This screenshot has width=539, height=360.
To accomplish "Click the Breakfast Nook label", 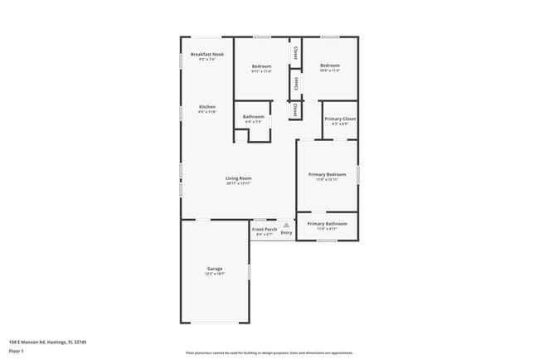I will tap(206, 55).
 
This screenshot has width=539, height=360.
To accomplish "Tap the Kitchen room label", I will tap(206, 107).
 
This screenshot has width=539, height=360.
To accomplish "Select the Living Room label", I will tap(239, 178).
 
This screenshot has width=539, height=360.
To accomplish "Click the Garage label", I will tap(214, 268).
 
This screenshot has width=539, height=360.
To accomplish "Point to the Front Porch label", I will tap(265, 229).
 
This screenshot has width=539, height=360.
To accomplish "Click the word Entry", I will tap(286, 233).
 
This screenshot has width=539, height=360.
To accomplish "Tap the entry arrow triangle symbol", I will tap(286, 225).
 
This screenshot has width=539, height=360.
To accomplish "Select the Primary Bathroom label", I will tap(327, 224).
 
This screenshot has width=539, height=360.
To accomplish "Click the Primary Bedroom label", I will tap(327, 174).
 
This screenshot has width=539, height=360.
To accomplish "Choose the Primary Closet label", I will tap(339, 119).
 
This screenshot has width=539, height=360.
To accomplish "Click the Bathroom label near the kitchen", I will tap(253, 117).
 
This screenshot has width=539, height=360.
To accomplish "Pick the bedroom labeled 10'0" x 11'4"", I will tap(330, 67).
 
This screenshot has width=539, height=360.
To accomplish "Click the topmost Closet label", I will tap(295, 51).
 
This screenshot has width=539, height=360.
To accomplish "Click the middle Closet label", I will tap(296, 84).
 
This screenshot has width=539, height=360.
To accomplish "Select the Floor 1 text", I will tap(17, 351).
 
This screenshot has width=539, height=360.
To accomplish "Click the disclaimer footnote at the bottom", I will tap(269, 353).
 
